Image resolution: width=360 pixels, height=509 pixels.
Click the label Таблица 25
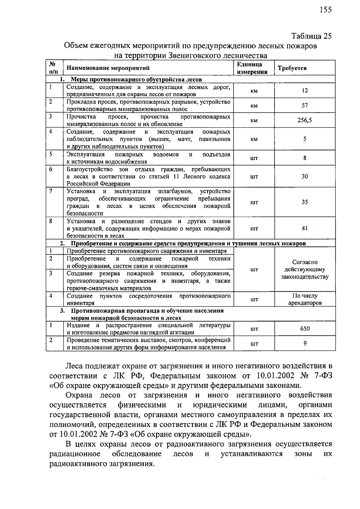(x=312, y=36)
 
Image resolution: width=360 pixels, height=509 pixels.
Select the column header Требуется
(x=292, y=68)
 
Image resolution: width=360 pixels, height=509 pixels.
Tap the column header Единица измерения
(x=252, y=68)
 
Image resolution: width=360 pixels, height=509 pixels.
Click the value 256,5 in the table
(x=304, y=120)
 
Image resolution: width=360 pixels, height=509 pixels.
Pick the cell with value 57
(x=304, y=106)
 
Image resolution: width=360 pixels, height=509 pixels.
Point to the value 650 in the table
(x=305, y=329)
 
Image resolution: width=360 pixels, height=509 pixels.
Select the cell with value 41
(x=304, y=229)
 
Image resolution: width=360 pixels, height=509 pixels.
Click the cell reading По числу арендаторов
(x=305, y=299)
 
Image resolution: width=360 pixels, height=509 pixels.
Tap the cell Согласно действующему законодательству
(x=305, y=269)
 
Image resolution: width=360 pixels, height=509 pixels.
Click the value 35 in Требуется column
(x=304, y=202)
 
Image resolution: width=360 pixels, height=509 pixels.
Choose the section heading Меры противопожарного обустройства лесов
(x=136, y=79)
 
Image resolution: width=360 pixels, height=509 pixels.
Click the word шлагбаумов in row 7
(x=175, y=191)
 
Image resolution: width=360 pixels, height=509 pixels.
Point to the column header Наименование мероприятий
(x=108, y=68)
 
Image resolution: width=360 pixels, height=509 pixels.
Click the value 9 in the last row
(x=305, y=343)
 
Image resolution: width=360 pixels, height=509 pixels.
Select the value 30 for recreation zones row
(x=304, y=176)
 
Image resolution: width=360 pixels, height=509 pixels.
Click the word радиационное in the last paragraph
(x=75, y=454)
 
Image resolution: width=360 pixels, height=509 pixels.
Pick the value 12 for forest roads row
(x=304, y=91)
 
